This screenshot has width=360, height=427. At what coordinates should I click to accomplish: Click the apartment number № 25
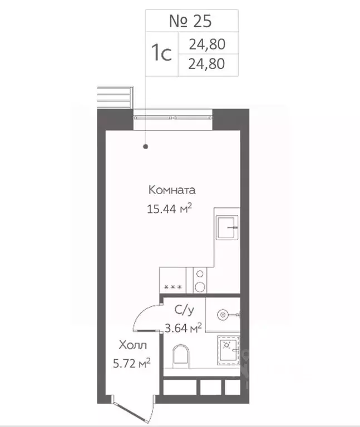click(x=191, y=22)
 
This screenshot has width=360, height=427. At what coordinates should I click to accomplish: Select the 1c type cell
click(x=161, y=53)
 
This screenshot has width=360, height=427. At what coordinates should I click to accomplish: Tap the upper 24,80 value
click(x=206, y=43)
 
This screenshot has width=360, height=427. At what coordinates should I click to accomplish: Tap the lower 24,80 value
click(x=206, y=64)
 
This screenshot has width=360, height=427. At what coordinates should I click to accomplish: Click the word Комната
click(x=172, y=190)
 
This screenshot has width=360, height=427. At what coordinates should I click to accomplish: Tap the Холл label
click(x=133, y=346)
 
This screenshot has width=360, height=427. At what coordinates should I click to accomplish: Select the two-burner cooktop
click(x=199, y=280)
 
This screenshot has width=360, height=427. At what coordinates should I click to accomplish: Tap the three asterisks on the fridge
click(x=174, y=287)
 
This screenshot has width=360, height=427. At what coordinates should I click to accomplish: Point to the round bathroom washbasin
click(x=222, y=315)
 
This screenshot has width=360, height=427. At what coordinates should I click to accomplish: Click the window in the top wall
click(x=174, y=118)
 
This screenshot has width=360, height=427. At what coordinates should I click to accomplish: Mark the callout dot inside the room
click(x=146, y=147)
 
